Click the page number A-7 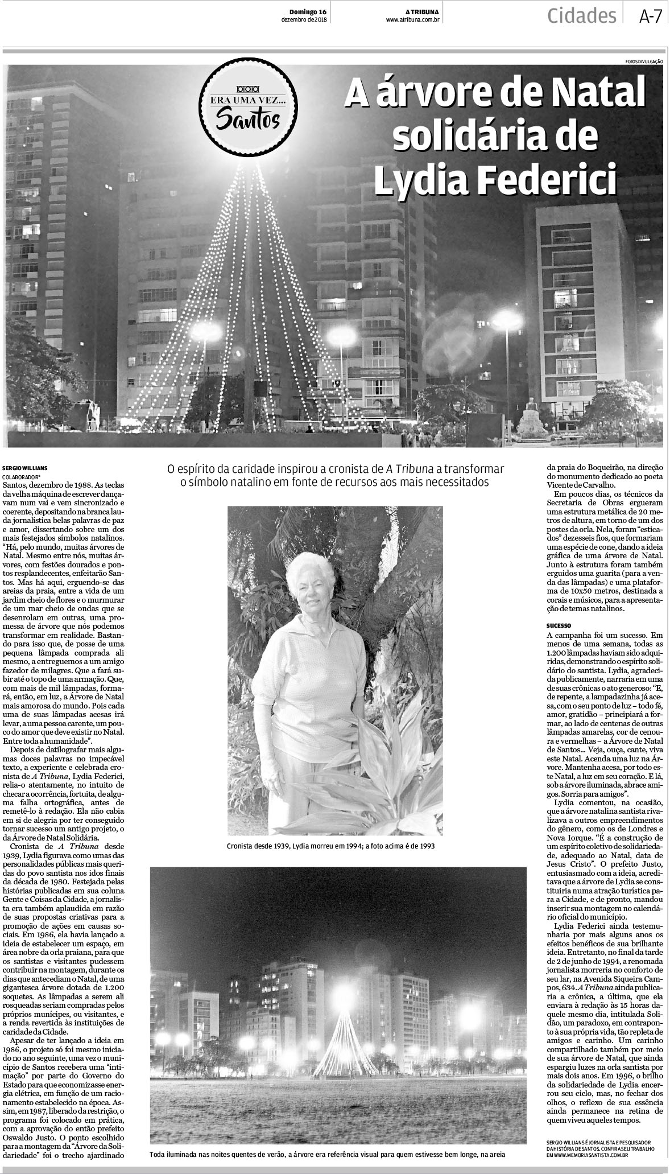tap(650, 17)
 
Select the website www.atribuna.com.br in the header tap(413, 20)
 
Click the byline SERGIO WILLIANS tap(21, 468)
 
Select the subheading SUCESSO tap(559, 625)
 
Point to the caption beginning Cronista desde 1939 tap(330, 846)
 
